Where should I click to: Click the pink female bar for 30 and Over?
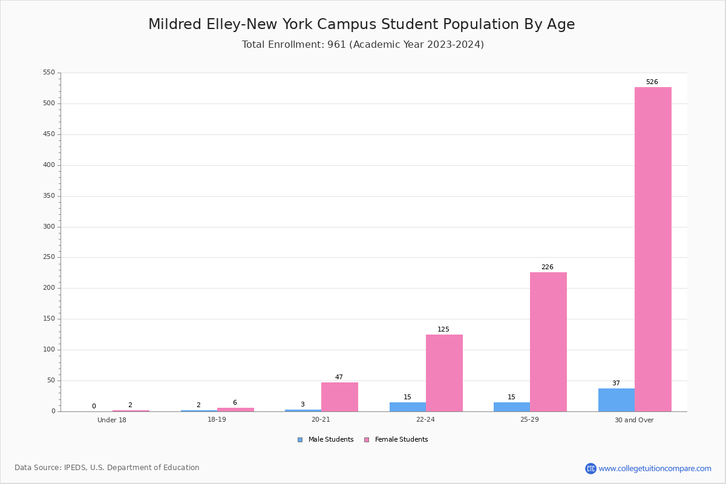point(653,249)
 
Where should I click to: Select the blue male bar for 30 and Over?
point(616,400)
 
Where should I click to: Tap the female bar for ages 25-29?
point(548,342)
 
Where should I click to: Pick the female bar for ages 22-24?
point(444,373)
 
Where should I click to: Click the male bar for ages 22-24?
point(408,407)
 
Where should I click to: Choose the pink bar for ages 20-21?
point(339,397)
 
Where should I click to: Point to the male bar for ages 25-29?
point(512,407)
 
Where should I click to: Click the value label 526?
point(652,82)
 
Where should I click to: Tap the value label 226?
point(548,267)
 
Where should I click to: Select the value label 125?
point(443,329)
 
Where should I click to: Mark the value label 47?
point(339,377)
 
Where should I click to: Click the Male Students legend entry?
point(325,439)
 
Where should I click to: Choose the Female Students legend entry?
point(396,439)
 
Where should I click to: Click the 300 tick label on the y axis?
point(49,227)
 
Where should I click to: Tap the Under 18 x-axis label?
point(112,420)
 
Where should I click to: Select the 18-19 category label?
point(217,419)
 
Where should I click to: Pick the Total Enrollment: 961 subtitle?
point(294,44)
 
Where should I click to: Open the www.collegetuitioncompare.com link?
point(655,468)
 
